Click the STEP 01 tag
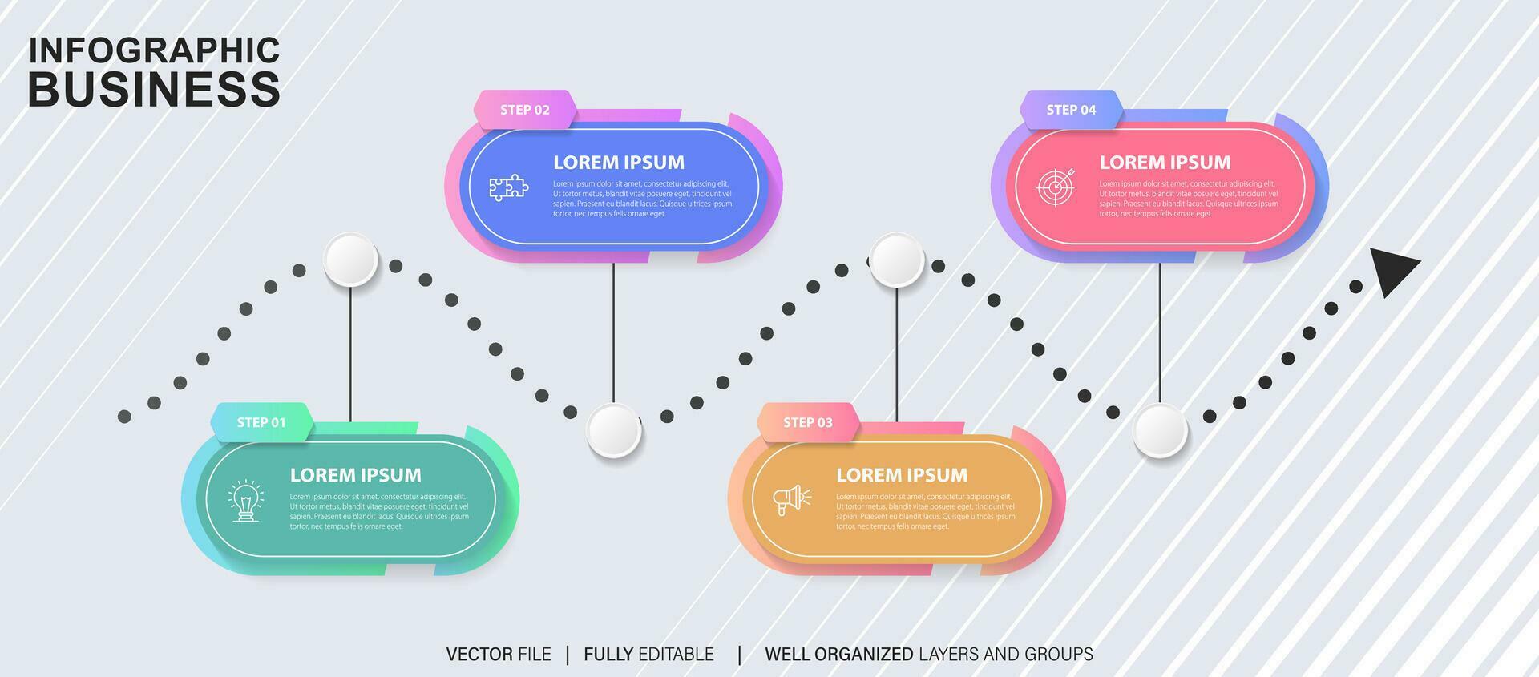[x=261, y=422]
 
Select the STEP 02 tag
[x=525, y=110]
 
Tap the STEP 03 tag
[x=808, y=422]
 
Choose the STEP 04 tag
[x=1071, y=110]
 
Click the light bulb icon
[x=246, y=502]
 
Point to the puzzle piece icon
[x=509, y=188]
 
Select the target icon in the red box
[x=1056, y=187]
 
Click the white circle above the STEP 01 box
[x=350, y=260]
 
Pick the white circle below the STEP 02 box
[x=613, y=430]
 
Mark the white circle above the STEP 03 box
[x=897, y=260]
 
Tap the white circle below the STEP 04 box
[x=1160, y=430]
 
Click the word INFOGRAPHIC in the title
[x=154, y=50]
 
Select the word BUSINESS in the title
[x=154, y=89]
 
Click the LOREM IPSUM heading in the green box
[x=355, y=475]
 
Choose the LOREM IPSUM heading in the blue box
[x=619, y=163]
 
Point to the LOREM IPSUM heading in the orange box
[x=902, y=475]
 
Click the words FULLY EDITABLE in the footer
[x=648, y=655]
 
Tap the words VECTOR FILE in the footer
[x=499, y=655]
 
